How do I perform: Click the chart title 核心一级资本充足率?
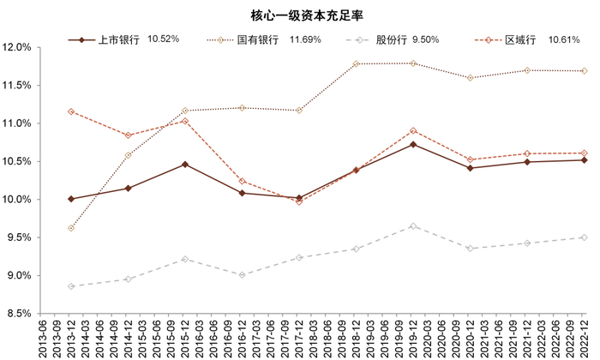[x=301, y=15]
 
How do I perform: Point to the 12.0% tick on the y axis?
[x=18, y=48]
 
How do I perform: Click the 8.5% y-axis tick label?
[x=20, y=313]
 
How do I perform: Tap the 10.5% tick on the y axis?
[x=18, y=161]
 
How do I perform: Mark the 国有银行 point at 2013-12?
[x=71, y=228]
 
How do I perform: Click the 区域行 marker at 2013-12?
[x=71, y=111]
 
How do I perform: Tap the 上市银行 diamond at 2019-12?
[x=413, y=144]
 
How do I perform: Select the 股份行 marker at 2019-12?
[x=413, y=225]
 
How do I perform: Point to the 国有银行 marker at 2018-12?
[x=356, y=63]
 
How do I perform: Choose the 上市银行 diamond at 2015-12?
[x=185, y=164]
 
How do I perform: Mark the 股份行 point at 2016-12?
[x=242, y=275]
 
